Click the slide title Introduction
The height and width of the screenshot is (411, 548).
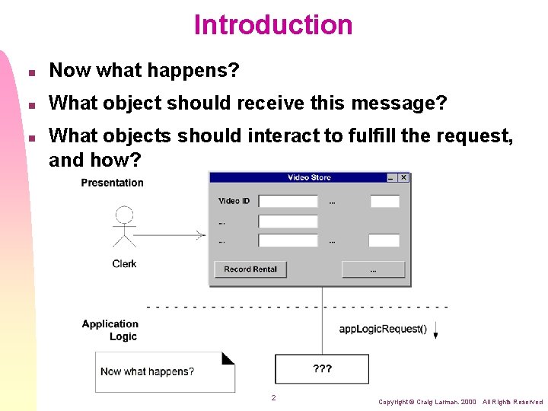click(273, 24)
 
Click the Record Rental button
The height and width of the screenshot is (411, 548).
click(250, 269)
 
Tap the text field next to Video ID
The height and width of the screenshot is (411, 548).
click(288, 202)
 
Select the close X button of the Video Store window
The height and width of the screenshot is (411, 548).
click(403, 177)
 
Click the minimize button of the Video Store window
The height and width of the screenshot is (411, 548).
click(391, 177)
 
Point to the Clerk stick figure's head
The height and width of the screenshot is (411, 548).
click(124, 215)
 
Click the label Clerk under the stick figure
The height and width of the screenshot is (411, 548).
click(124, 263)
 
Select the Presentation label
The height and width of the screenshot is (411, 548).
click(112, 183)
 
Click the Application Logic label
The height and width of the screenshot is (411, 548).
click(110, 330)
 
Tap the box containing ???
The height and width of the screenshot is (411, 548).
click(322, 369)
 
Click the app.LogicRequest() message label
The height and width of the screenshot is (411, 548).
click(383, 329)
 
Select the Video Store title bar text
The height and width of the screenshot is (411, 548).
click(309, 177)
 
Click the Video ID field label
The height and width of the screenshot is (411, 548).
click(234, 201)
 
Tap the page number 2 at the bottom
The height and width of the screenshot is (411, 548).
click(273, 397)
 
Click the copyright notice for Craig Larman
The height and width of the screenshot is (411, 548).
click(460, 401)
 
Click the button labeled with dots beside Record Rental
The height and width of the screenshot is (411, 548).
click(373, 269)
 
